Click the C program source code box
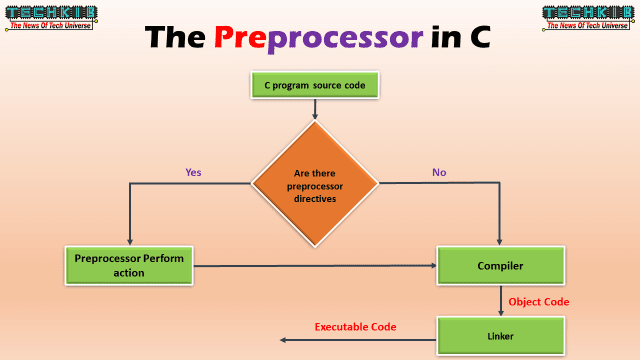315,86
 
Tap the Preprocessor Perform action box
128,265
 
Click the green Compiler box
500,266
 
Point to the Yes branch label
194,172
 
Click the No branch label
439,172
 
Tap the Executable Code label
356,327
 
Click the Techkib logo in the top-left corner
49,18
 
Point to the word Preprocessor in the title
314,37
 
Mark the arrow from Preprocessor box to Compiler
315,265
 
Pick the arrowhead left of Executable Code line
284,340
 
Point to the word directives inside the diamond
315,198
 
